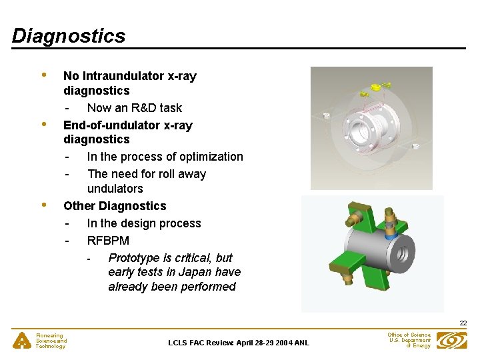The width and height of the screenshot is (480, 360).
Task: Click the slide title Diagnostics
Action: [69, 35]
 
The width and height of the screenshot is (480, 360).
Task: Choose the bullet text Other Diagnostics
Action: [115, 206]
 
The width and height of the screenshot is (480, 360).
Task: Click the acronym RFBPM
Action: [108, 241]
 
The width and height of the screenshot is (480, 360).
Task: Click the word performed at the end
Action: [209, 287]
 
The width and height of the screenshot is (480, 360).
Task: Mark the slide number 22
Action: [463, 323]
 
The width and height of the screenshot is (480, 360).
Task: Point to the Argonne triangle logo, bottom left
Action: [22, 341]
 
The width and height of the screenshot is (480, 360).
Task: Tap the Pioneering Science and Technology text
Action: [51, 341]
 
